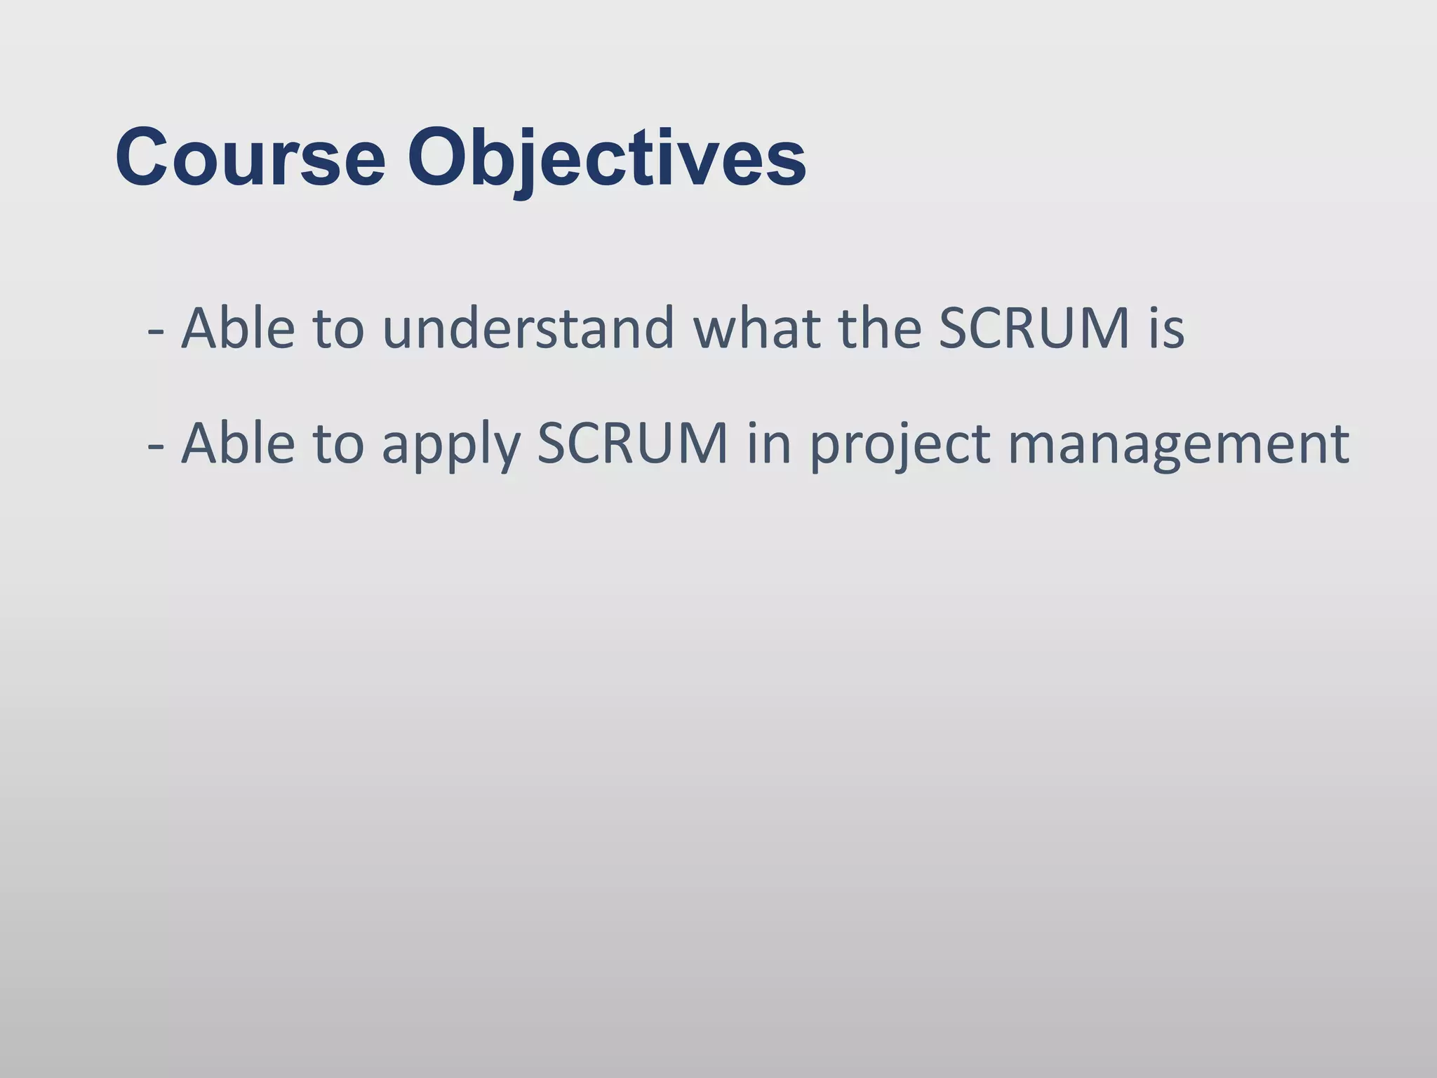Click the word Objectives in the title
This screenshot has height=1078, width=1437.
607,157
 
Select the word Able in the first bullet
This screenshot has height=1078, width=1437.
238,328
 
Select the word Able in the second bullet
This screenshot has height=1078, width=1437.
238,444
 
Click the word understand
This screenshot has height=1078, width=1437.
528,328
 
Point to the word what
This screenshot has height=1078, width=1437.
756,328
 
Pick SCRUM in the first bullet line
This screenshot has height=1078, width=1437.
1034,328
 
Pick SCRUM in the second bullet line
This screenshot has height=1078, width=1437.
632,444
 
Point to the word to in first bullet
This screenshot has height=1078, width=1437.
338,328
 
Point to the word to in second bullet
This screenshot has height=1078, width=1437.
338,444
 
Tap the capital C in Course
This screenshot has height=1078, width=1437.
143,157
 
